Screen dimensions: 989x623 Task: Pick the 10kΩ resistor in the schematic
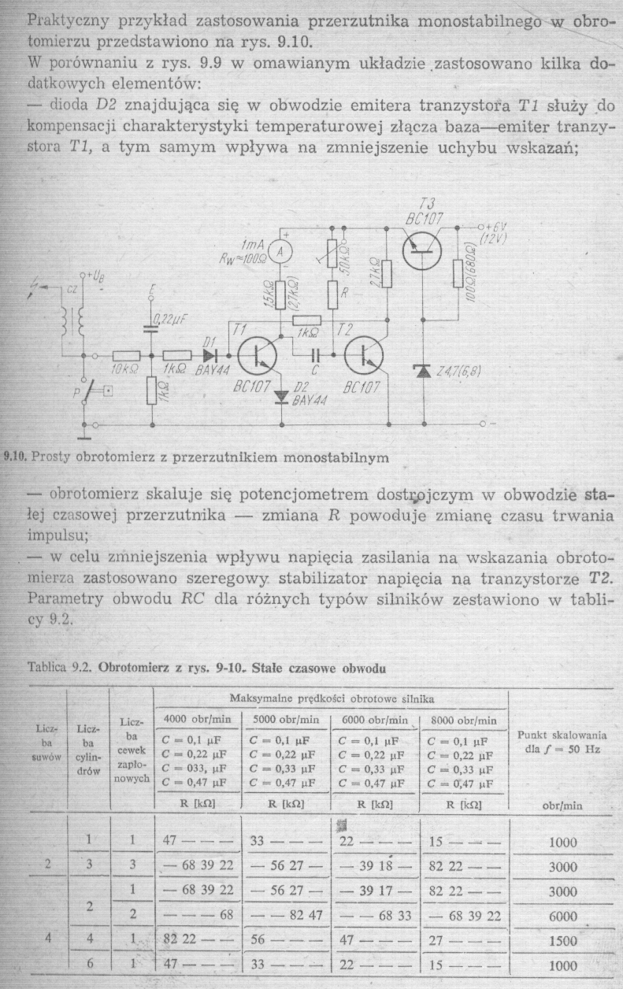click(126, 356)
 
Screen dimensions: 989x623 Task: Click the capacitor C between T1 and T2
click(317, 356)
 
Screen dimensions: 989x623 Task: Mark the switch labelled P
click(93, 391)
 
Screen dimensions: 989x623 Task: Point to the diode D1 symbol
click(210, 356)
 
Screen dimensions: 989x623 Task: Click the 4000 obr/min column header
click(197, 719)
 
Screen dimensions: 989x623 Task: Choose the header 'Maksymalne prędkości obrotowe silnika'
click(331, 698)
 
